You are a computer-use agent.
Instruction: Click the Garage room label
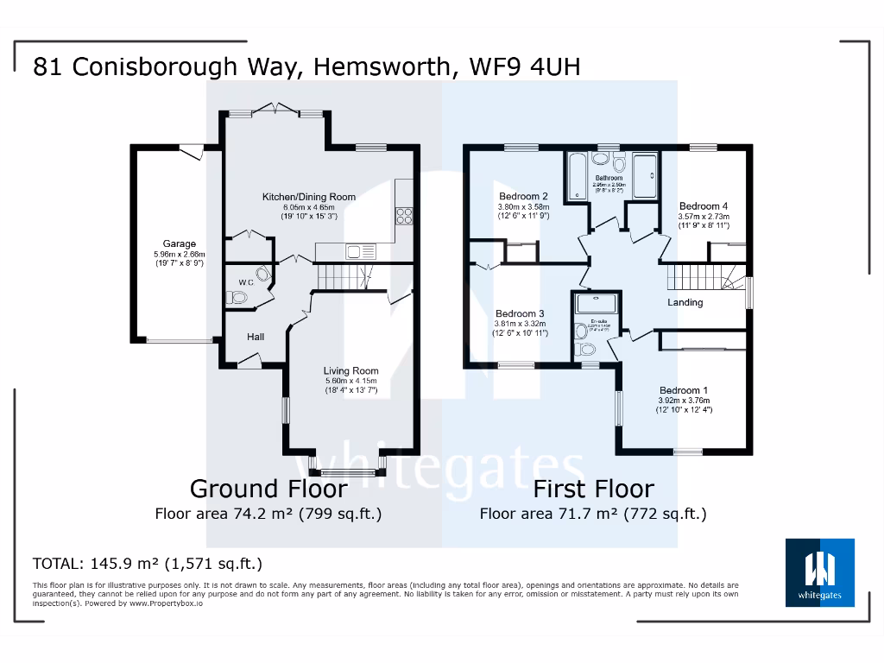click(180, 243)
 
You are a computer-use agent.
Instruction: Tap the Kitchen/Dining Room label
click(309, 197)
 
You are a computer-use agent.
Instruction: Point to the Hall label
click(256, 337)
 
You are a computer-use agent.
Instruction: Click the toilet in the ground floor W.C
click(237, 298)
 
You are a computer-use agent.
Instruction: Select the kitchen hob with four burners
click(404, 217)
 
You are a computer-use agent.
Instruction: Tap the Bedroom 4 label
click(704, 206)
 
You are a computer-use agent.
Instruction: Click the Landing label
click(685, 302)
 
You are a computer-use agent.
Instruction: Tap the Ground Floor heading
click(268, 489)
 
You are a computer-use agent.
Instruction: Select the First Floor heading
click(593, 489)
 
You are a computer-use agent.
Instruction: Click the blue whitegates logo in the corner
click(819, 571)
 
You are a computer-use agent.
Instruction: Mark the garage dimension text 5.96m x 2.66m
click(180, 255)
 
